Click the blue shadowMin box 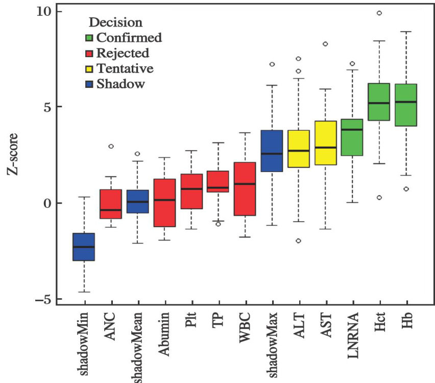coord(83,247)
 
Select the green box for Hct coord(379,102)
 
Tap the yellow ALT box coord(298,149)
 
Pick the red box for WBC coord(245,188)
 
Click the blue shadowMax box coord(272,151)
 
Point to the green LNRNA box coord(352,137)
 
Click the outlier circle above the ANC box coord(110,147)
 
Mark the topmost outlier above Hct coord(379,13)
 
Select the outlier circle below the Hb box coord(406,189)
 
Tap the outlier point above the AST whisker coord(325,44)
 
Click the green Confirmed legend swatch coord(89,37)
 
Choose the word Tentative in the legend coord(125,68)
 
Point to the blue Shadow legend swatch coord(89,84)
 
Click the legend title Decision coord(115,22)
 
